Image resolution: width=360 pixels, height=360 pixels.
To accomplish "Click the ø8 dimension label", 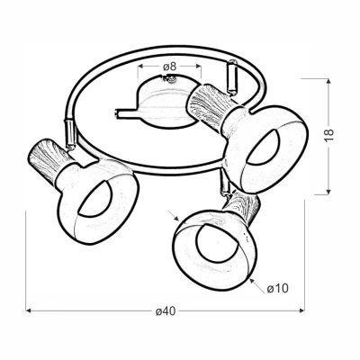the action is point(169,67).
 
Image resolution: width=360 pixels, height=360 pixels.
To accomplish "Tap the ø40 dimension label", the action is point(166,311).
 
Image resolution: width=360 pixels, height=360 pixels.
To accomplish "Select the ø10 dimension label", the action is point(277,288).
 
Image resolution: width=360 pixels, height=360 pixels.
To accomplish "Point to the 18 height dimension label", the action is point(329,135).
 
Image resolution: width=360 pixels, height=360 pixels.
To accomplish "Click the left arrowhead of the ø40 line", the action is point(29,310).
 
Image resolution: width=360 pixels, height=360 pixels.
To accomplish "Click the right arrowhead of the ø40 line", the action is point(301,310).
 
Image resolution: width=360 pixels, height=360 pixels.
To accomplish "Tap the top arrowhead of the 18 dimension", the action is point(328,81).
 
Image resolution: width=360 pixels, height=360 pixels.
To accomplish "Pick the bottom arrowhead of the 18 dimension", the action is point(328,192).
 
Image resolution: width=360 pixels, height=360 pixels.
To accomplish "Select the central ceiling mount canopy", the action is point(165,103).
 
